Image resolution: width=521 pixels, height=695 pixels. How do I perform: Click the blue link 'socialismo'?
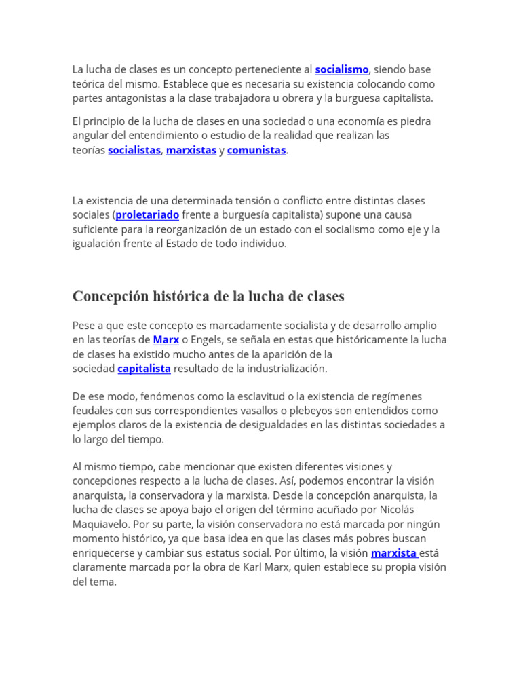pyautogui.click(x=341, y=69)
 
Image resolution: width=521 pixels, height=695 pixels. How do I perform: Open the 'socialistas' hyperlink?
pyautogui.click(x=134, y=150)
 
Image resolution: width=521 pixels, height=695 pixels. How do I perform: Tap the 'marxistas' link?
pyautogui.click(x=191, y=150)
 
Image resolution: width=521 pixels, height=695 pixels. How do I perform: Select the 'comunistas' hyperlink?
pyautogui.click(x=256, y=150)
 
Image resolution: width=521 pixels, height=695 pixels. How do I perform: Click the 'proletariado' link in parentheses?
pyautogui.click(x=147, y=214)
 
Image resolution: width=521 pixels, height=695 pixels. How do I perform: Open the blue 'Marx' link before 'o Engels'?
pyautogui.click(x=166, y=339)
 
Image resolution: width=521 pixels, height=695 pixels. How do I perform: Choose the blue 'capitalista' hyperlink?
pyautogui.click(x=144, y=368)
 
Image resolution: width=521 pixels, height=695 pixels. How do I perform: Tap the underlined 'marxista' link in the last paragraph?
pyautogui.click(x=394, y=552)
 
